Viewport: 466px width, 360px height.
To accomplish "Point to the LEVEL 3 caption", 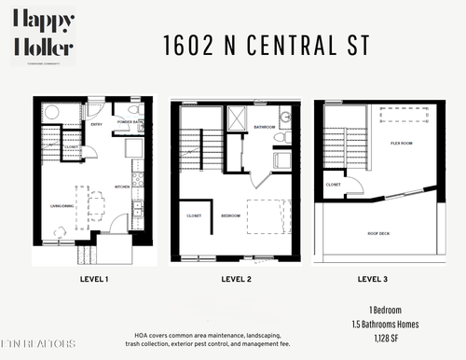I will click(x=376, y=278).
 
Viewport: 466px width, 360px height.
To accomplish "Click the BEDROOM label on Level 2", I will click(x=231, y=215).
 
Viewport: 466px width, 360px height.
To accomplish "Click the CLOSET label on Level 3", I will click(x=334, y=185).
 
